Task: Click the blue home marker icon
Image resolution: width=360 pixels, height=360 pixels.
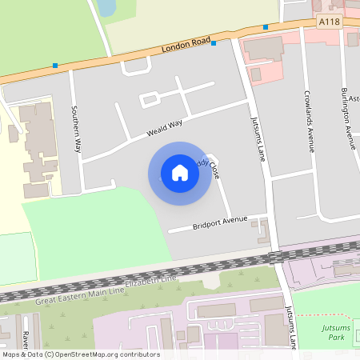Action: tap(180, 173)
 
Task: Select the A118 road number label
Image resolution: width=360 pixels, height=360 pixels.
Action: tap(328, 23)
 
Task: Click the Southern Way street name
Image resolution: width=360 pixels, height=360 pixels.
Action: tap(77, 130)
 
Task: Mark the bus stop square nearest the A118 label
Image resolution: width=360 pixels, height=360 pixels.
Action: tap(266, 27)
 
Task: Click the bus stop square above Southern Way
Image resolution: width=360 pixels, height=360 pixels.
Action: tap(55, 66)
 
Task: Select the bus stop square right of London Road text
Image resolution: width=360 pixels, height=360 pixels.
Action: tap(214, 43)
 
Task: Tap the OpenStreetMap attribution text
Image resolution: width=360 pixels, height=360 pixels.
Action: tap(80, 354)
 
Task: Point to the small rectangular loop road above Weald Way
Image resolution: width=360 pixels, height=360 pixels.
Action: tap(150, 99)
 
